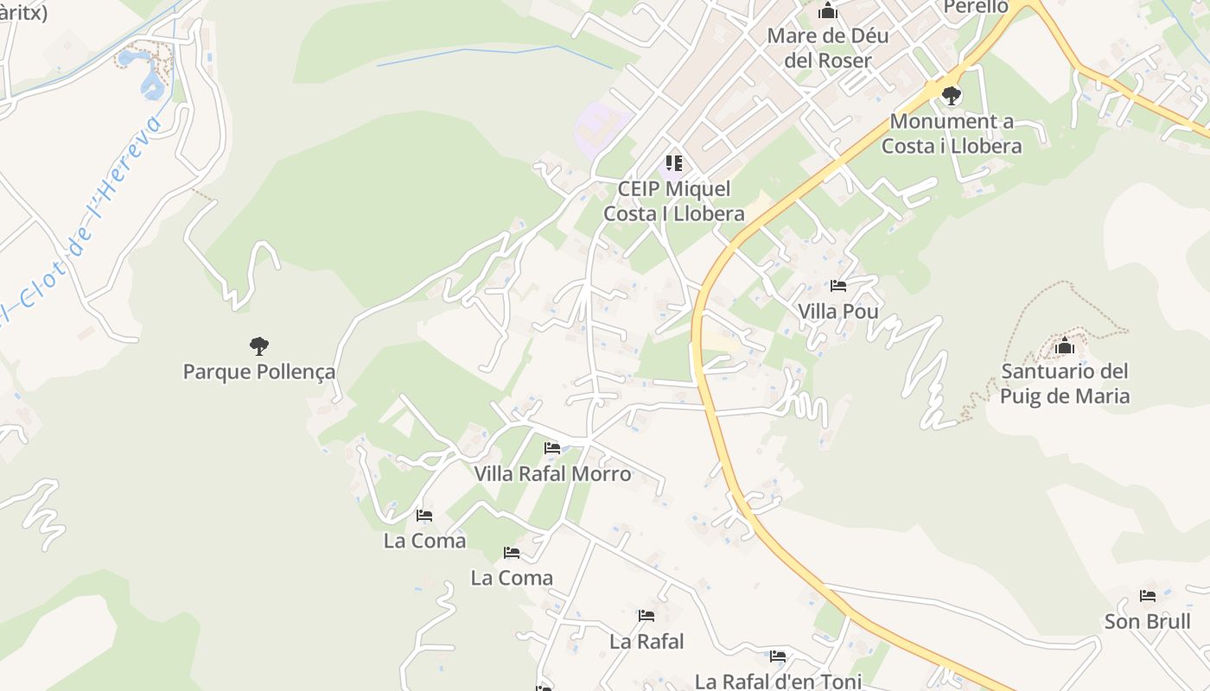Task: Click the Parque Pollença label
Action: pos(259,372)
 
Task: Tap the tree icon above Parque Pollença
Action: pos(258,346)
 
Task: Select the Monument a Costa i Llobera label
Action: pos(952,134)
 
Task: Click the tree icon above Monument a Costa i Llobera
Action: pos(952,95)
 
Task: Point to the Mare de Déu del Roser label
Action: pos(828,48)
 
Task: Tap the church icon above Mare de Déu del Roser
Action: pos(828,11)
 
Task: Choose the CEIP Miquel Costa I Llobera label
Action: pos(674,201)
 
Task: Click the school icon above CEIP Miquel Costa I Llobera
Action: pos(674,163)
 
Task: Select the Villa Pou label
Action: pos(837,311)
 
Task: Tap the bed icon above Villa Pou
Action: pos(837,285)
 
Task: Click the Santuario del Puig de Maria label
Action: pos(1065,384)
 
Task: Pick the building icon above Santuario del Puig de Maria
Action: pos(1065,346)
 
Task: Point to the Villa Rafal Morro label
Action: pos(552,474)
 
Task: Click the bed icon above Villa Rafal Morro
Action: pos(552,447)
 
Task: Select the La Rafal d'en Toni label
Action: pos(778,681)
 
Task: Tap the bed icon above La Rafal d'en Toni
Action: pos(778,656)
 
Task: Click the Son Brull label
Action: pos(1147,622)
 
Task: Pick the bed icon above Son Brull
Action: pos(1147,596)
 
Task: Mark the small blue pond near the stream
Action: pos(150,82)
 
